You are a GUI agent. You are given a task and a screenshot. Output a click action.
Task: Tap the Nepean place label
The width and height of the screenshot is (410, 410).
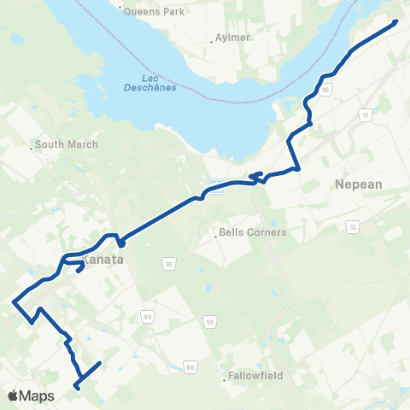(x=360, y=184)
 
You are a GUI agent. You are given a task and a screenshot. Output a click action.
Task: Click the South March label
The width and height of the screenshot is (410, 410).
(x=67, y=144)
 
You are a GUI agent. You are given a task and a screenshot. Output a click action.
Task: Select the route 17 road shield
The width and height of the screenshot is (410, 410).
(x=366, y=114)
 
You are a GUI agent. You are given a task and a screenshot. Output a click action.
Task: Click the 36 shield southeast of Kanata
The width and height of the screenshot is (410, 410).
(x=169, y=264)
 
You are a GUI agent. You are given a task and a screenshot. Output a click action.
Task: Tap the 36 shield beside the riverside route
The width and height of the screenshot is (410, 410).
(x=325, y=89)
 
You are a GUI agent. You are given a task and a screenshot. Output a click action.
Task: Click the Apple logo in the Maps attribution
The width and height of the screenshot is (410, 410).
(x=14, y=395)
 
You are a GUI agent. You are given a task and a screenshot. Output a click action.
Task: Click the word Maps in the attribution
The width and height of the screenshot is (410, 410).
(x=38, y=395)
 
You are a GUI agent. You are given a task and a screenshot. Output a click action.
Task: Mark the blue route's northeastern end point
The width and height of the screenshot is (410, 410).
(x=395, y=21)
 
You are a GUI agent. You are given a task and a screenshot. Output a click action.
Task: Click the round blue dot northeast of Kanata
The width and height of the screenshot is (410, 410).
(x=121, y=243)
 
